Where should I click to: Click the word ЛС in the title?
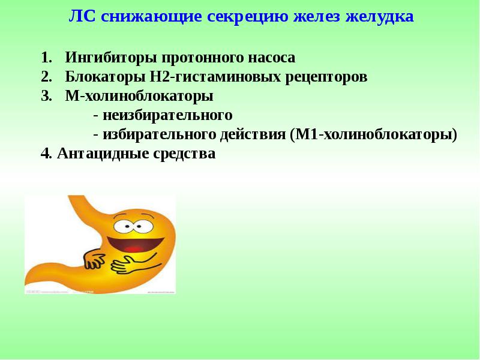tap(83, 16)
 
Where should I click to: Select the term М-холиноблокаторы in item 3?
tap(140, 96)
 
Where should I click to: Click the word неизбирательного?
tap(167, 115)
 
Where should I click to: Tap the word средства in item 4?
tap(185, 153)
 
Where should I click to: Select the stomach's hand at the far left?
tap(93, 259)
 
